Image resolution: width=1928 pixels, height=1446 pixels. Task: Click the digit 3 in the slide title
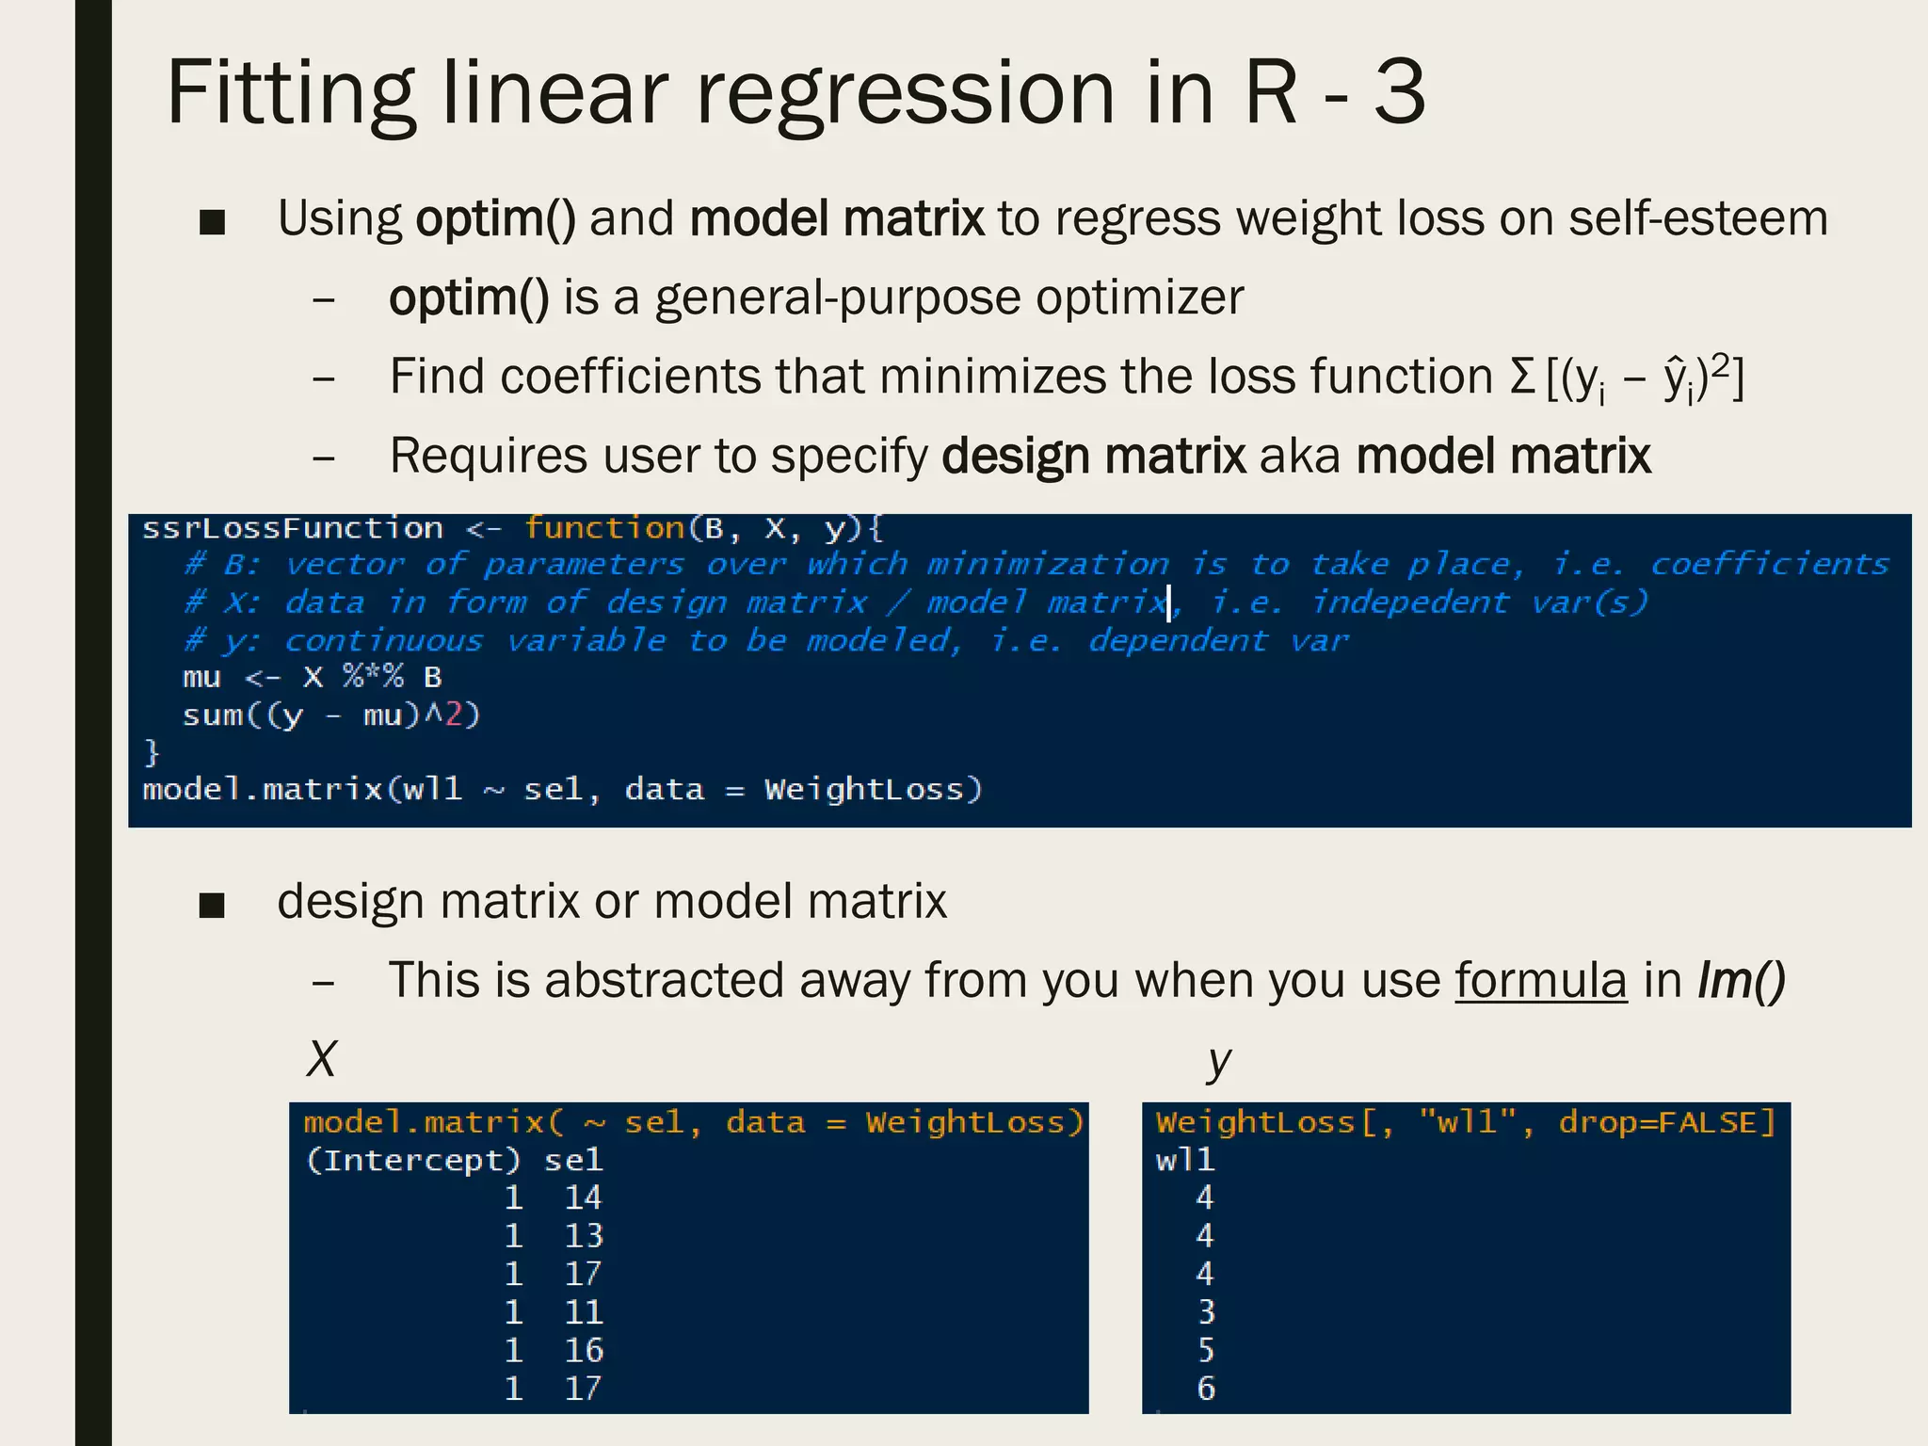point(1399,92)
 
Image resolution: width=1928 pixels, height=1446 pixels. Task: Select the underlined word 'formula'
point(1540,980)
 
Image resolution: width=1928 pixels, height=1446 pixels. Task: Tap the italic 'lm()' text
point(1741,980)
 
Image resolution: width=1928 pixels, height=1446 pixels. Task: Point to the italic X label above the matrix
point(321,1059)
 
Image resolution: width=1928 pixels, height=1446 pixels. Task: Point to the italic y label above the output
point(1218,1061)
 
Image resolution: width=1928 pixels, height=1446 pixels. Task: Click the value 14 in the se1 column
point(583,1197)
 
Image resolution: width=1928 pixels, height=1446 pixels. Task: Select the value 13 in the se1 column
point(583,1236)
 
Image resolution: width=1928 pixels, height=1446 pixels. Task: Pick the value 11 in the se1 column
point(583,1312)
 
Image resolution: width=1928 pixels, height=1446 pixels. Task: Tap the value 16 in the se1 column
point(583,1351)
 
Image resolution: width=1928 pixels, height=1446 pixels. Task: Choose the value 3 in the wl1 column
point(1206,1312)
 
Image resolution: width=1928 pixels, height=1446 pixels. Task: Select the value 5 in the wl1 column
point(1206,1351)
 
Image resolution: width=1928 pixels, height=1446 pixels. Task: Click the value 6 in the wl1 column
point(1206,1389)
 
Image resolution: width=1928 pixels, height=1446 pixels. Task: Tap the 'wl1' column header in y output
point(1185,1160)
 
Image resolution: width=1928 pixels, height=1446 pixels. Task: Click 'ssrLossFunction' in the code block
point(292,528)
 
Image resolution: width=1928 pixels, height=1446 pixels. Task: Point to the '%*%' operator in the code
point(373,677)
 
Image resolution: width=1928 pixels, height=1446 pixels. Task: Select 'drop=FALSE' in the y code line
point(1664,1122)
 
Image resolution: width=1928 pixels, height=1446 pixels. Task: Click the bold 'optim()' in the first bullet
point(495,218)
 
